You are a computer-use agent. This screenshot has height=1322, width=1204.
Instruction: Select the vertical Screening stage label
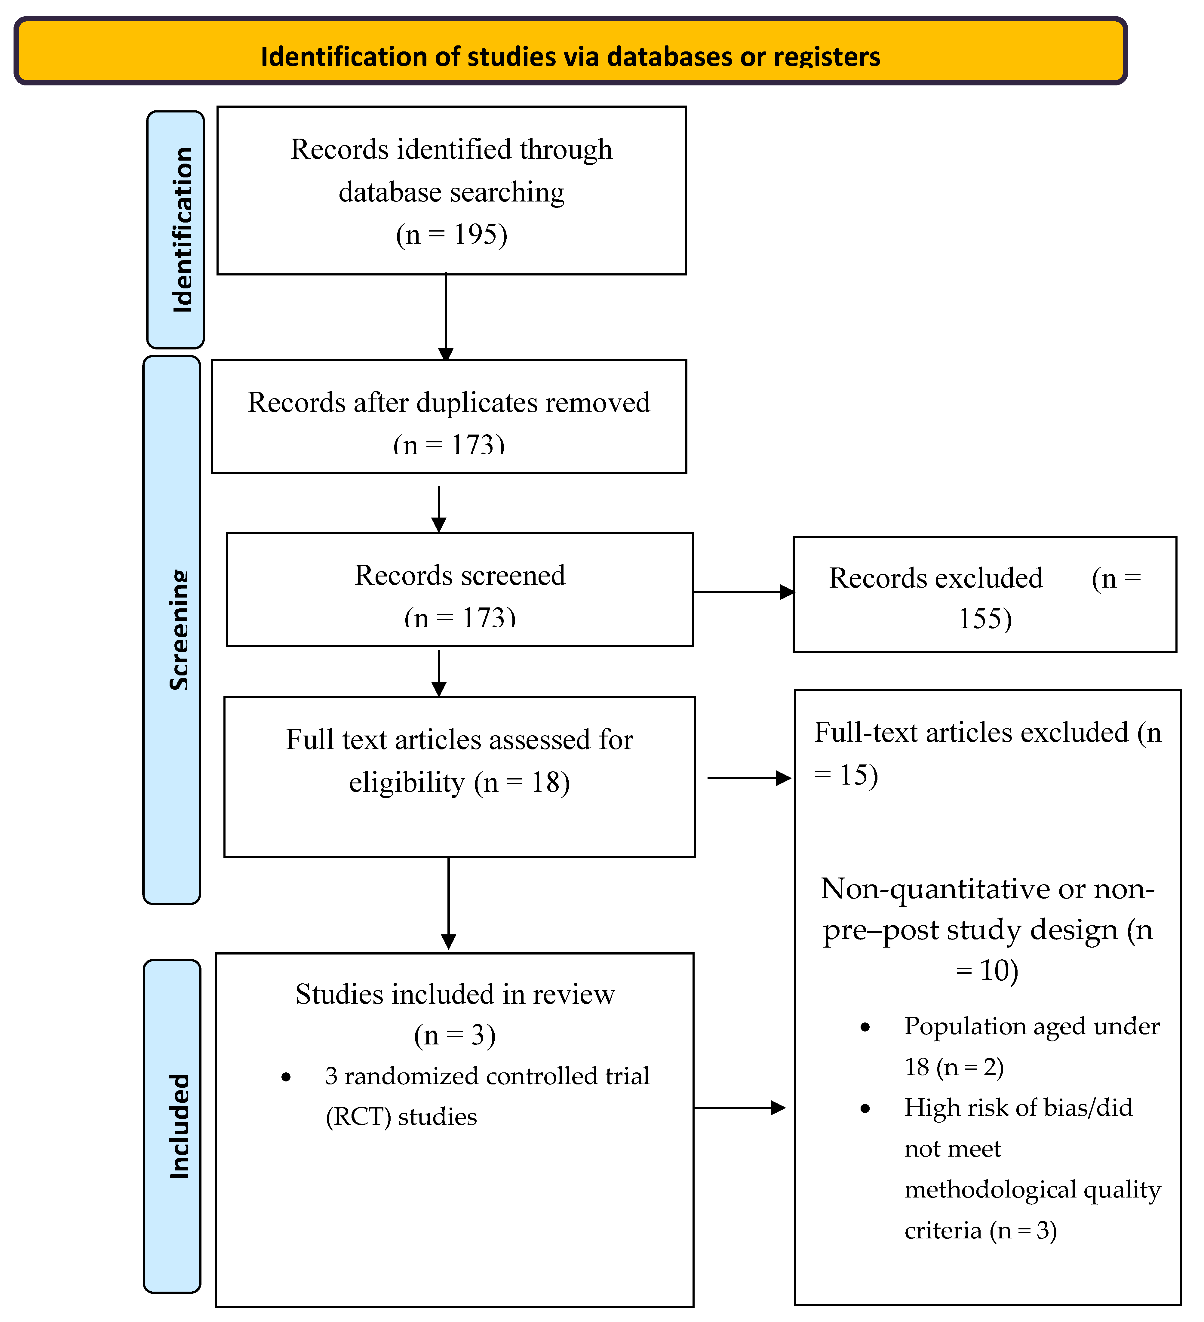tap(178, 629)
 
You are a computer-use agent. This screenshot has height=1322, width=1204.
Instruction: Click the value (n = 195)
tap(451, 234)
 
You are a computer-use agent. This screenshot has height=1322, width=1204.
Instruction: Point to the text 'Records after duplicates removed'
tap(449, 402)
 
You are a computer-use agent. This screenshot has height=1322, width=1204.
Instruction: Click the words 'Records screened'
tap(460, 575)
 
